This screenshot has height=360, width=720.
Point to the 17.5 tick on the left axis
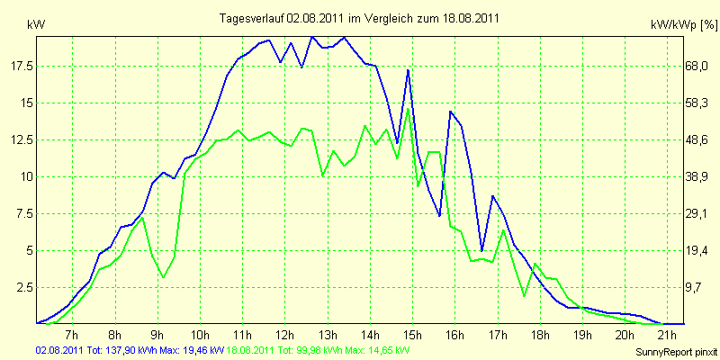22,66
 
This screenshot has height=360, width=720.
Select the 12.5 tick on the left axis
22,139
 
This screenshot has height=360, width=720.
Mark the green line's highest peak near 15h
409,109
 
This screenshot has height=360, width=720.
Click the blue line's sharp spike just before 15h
409,70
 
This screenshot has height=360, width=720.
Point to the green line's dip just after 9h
163,277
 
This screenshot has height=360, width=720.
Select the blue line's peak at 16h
451,111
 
